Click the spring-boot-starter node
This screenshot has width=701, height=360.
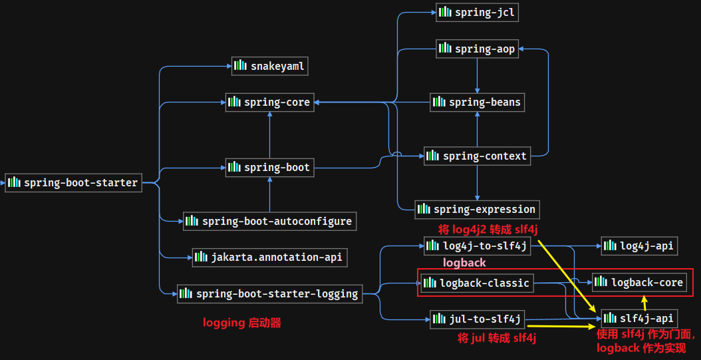click(x=73, y=182)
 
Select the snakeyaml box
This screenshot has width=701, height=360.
click(x=269, y=66)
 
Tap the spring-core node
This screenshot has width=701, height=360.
click(x=269, y=102)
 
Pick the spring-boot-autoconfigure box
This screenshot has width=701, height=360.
click(x=269, y=221)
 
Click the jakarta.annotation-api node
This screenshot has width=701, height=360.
click(x=269, y=257)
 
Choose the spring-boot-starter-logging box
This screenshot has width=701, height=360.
click(x=269, y=294)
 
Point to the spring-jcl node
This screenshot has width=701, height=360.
click(x=477, y=13)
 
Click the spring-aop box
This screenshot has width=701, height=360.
click(x=477, y=49)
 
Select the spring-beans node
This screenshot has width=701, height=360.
click(x=477, y=102)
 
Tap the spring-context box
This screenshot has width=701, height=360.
click(x=477, y=156)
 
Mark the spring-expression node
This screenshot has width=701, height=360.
click(x=477, y=209)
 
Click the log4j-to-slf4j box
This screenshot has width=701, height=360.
click(x=477, y=246)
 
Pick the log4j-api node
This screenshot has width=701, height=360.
click(x=639, y=246)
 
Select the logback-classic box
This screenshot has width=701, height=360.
click(x=477, y=283)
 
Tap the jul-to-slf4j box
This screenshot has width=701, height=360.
click(x=477, y=319)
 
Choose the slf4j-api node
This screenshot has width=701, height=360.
click(x=639, y=318)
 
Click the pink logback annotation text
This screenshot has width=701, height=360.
click(x=464, y=263)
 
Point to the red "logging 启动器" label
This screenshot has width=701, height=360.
click(x=242, y=323)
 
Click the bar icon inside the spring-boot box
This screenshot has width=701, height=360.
click(x=235, y=167)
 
